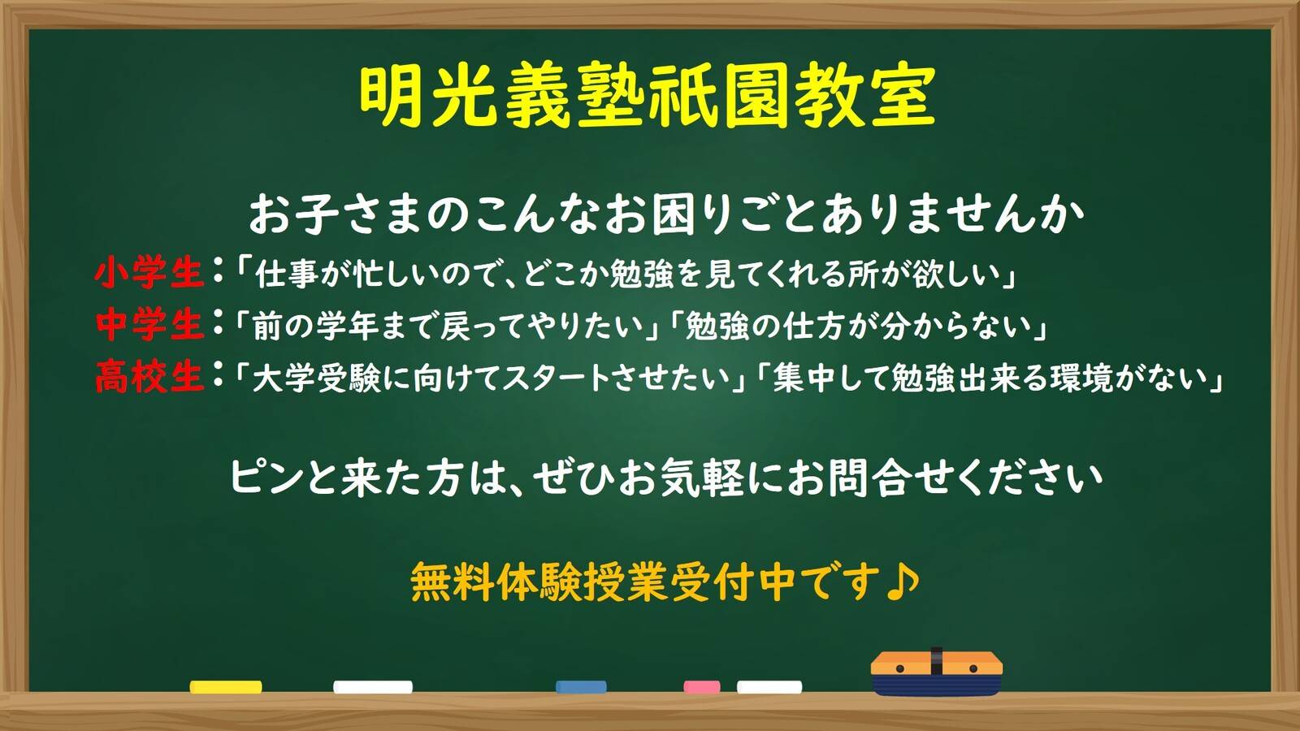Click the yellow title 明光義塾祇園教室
pos(647,97)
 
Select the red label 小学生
pos(149,273)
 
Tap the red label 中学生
pos(149,324)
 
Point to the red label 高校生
pos(149,376)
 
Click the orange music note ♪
pos(903,582)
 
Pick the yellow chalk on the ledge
pos(226,687)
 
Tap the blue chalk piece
pos(581,687)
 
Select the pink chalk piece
pos(702,687)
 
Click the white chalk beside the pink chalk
pos(769,687)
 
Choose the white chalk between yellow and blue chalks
pos(373,687)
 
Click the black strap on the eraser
pos(936,661)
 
